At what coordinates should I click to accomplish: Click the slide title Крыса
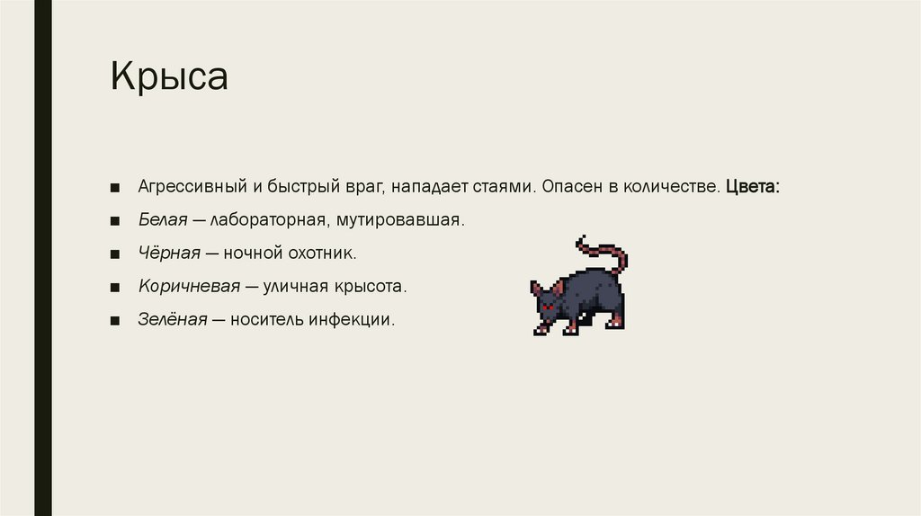click(169, 77)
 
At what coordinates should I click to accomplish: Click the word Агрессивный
click(192, 187)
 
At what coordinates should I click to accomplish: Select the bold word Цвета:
click(753, 187)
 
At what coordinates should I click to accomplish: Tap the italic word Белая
click(163, 220)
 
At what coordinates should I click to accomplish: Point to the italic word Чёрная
click(167, 254)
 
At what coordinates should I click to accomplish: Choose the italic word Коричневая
click(189, 286)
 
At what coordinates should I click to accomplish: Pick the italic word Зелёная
click(173, 319)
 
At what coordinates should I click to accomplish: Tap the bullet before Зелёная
click(116, 320)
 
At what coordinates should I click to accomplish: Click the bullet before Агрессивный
click(116, 188)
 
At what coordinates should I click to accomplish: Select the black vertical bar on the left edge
click(42, 258)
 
